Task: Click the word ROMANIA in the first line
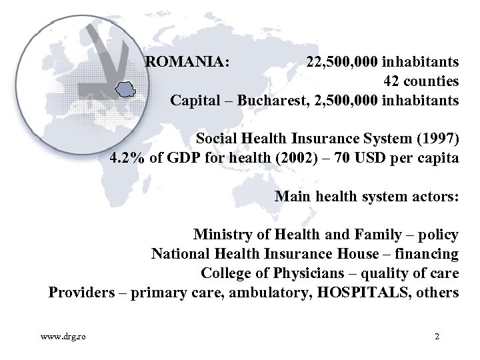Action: pyautogui.click(x=185, y=63)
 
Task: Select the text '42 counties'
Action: pyautogui.click(x=421, y=82)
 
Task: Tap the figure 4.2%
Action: pyautogui.click(x=127, y=159)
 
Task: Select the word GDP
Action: pyautogui.click(x=185, y=159)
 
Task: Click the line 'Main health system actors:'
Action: pyautogui.click(x=367, y=197)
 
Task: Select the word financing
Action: pyautogui.click(x=427, y=254)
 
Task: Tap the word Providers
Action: pyautogui.click(x=81, y=293)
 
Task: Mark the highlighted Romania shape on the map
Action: pyautogui.click(x=125, y=88)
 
